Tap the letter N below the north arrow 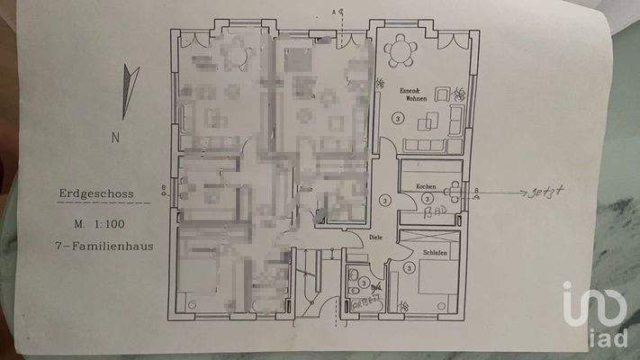(x=115, y=138)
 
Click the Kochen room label (x=426, y=185)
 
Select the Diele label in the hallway (x=376, y=237)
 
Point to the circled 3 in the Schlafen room (x=409, y=267)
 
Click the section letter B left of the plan (x=162, y=188)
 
